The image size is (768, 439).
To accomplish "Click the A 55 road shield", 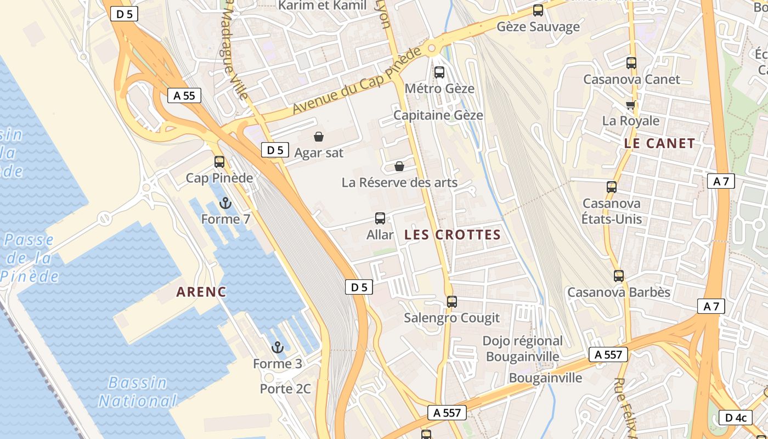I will (184, 95).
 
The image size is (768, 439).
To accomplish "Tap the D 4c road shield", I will (736, 418).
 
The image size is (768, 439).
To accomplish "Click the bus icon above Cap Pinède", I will (219, 162).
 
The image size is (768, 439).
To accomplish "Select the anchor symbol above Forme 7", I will (225, 204).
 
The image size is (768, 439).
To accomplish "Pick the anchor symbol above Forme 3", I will (278, 347).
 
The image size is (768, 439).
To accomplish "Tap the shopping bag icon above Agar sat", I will (318, 136).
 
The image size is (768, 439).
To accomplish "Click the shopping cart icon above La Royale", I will (631, 105).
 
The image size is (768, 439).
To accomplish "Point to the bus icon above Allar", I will (380, 218).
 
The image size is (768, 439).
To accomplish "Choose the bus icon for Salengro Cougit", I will (452, 302).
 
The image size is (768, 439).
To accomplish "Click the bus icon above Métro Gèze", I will (439, 72).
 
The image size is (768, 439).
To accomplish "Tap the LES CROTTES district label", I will (453, 235).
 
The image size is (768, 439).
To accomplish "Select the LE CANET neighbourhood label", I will (659, 144).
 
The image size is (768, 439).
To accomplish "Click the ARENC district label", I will (201, 292).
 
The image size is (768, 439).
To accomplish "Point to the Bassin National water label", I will (138, 392).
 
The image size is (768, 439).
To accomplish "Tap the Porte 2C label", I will (285, 389).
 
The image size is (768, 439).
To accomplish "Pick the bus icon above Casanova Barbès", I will (619, 276).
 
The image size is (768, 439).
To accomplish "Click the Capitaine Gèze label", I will (438, 115).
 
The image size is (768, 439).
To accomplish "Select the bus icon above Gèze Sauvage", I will (538, 10).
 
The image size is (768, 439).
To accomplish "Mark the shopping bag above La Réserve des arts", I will (399, 166).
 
